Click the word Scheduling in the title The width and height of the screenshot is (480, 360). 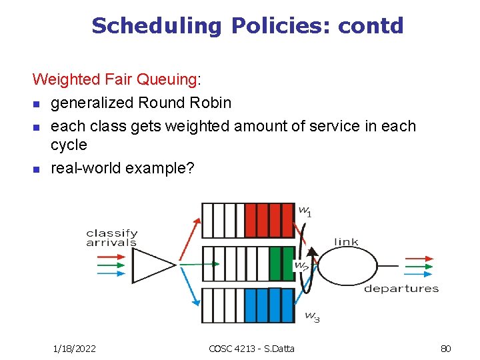157,26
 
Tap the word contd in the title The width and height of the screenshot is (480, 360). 371,25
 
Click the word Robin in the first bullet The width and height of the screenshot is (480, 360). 209,103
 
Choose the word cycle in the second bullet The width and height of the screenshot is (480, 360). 69,145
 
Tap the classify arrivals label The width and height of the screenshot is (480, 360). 111,238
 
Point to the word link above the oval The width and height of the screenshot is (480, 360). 346,241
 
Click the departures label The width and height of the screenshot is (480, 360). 401,289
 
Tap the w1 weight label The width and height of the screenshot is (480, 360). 305,211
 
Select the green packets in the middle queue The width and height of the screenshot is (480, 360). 281,263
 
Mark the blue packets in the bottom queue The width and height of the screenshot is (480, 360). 269,306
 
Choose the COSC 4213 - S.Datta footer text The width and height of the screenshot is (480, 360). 251,348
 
